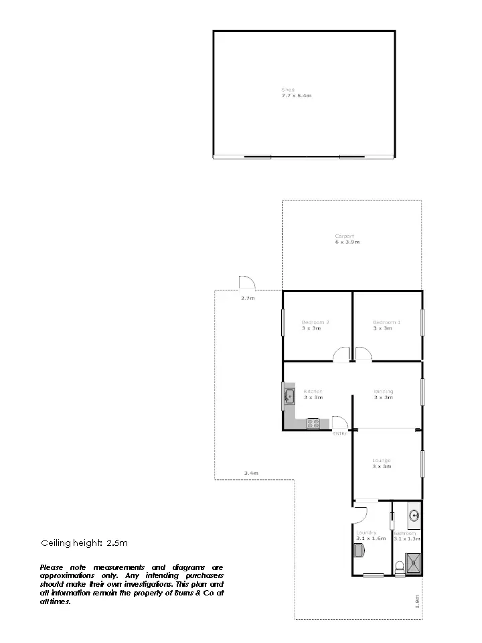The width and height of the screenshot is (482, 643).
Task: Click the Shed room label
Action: pyautogui.click(x=288, y=90)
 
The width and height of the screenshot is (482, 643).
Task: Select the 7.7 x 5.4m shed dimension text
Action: pyautogui.click(x=296, y=96)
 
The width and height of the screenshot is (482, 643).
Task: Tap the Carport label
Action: pyautogui.click(x=344, y=236)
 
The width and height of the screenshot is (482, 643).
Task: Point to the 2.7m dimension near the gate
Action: pyautogui.click(x=248, y=297)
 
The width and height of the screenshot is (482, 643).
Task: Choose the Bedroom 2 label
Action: pyautogui.click(x=315, y=322)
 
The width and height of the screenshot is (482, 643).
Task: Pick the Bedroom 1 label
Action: pyautogui.click(x=386, y=322)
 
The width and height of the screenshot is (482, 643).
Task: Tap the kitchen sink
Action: pyautogui.click(x=289, y=397)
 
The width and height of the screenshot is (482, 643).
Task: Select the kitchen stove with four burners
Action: pyautogui.click(x=313, y=423)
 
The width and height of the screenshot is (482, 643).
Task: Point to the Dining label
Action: pyautogui.click(x=384, y=391)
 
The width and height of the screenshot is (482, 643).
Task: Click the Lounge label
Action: pyautogui.click(x=382, y=460)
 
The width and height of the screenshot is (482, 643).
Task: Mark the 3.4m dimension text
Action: pyautogui.click(x=251, y=474)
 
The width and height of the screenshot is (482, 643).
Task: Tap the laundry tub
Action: pyautogui.click(x=359, y=551)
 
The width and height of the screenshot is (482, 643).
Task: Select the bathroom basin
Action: pyautogui.click(x=414, y=516)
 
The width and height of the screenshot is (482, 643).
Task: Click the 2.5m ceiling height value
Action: pyautogui.click(x=117, y=543)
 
